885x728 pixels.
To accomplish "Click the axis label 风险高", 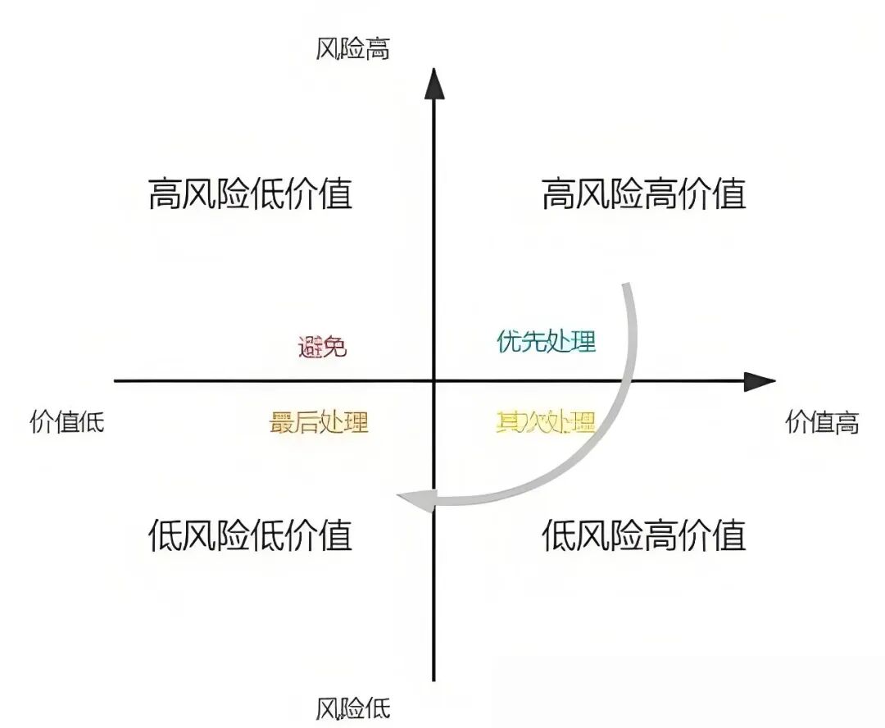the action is (352, 49).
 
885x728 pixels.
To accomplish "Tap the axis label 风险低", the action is (352, 708).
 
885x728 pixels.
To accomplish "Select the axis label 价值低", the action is (67, 422).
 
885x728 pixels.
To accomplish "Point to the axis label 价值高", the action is (822, 422).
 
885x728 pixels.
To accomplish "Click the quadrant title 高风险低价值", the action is (251, 193).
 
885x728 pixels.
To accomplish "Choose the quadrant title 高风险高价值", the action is (644, 193).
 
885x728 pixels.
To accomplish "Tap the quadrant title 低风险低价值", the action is (251, 535).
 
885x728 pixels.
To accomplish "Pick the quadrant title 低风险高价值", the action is (644, 535).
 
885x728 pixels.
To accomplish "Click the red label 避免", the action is (322, 346).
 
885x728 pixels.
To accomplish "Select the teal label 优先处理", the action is (546, 341).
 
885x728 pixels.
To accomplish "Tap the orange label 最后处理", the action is (319, 422).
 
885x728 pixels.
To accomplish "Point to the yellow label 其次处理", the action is (546, 422).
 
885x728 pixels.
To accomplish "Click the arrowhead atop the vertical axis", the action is (433, 84).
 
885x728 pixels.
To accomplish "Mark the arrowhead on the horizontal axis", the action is (760, 381).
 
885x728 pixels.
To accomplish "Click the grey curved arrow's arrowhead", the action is (416, 500).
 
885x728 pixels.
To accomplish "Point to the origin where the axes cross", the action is (433, 381).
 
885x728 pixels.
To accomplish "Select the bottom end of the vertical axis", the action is (433, 680).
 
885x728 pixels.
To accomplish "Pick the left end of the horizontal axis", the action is (115, 381).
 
